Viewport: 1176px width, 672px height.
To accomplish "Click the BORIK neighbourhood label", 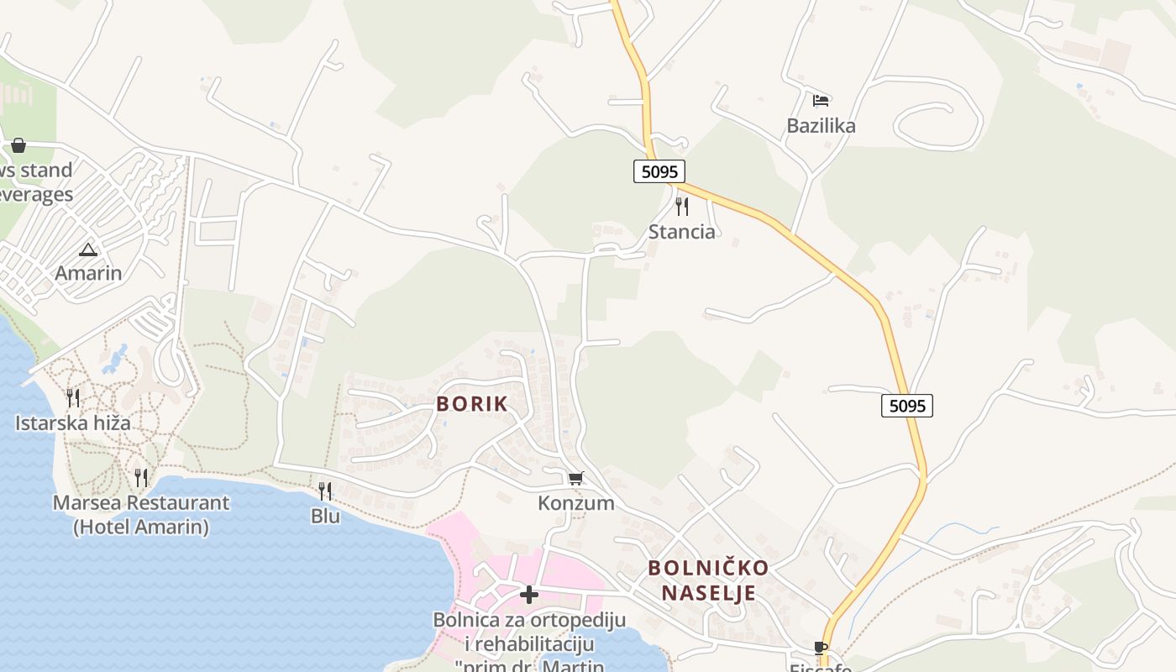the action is click(x=472, y=404).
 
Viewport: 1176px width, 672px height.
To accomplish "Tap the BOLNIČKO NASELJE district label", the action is click(x=708, y=580).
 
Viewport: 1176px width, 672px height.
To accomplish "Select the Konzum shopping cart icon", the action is click(x=575, y=479).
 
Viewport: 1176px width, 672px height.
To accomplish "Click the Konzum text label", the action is click(x=576, y=503).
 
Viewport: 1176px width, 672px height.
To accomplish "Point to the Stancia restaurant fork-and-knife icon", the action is click(x=682, y=207).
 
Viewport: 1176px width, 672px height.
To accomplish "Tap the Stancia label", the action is click(x=682, y=232).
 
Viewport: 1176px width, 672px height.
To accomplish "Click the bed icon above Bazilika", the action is click(x=821, y=101).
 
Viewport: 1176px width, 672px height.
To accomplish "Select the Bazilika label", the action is click(x=821, y=126).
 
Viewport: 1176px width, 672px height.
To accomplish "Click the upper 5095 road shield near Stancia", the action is click(x=659, y=171).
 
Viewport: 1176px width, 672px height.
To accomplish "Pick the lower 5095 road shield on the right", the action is click(x=907, y=407).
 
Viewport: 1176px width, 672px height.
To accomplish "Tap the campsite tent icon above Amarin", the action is click(x=88, y=249).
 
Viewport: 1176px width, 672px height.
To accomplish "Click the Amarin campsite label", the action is click(x=88, y=273).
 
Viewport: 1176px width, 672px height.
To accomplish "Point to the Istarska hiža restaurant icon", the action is click(x=73, y=397).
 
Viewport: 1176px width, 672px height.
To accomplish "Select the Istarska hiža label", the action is click(x=73, y=423).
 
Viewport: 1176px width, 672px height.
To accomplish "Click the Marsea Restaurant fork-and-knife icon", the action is click(x=141, y=478).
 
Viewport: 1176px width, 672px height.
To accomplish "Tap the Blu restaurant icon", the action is click(x=325, y=491).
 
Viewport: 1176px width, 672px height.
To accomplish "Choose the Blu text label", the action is click(x=325, y=516).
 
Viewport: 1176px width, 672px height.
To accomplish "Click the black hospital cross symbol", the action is click(x=529, y=595).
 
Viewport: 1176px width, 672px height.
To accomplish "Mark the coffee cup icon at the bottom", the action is click(x=821, y=648).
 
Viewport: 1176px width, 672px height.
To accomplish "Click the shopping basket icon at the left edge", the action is click(x=18, y=145).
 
